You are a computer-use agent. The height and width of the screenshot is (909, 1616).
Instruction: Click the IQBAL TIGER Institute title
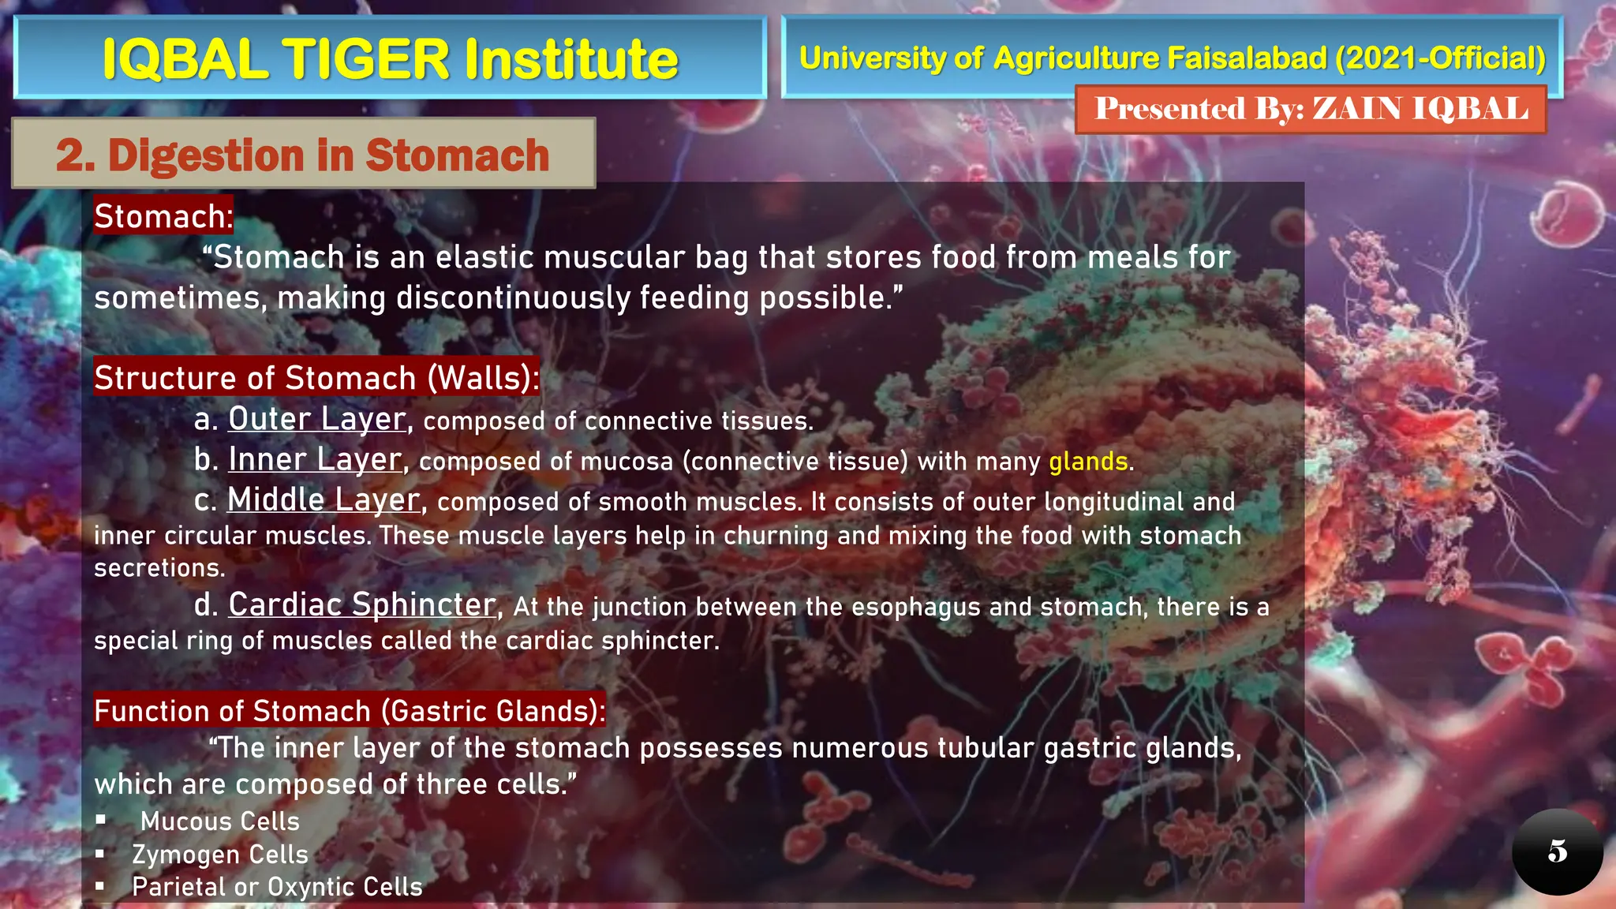click(390, 59)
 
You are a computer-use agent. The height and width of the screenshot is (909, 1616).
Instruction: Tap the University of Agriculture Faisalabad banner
click(1172, 58)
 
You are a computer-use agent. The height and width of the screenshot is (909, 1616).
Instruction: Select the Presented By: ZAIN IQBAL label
click(1311, 109)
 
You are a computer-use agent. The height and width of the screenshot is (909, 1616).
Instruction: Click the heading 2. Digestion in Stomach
click(303, 155)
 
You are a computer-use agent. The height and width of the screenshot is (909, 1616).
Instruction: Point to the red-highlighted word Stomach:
click(163, 216)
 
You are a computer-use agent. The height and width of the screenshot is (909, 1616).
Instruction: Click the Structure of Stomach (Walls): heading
click(316, 378)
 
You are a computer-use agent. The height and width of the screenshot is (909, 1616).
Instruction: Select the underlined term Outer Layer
click(317, 419)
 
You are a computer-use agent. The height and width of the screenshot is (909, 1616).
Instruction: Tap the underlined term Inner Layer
click(315, 459)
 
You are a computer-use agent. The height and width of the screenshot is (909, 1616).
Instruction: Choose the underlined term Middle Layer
click(324, 499)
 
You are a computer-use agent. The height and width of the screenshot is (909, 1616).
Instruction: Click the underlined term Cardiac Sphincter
click(362, 604)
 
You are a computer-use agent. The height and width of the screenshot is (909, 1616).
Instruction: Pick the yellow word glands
click(1088, 462)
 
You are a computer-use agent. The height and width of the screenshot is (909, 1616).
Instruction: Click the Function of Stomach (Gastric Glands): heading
click(350, 711)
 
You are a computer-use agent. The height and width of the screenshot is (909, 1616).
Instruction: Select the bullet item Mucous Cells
click(220, 821)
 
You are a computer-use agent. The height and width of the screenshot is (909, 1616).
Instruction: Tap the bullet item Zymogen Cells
click(220, 855)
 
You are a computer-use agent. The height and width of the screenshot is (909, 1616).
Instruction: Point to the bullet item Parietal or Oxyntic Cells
click(277, 887)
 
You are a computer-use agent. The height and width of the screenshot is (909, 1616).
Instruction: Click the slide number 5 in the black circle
click(1557, 851)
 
